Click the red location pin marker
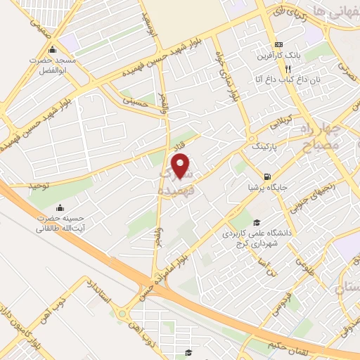click(x=182, y=166)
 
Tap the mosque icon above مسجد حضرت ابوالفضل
click(x=52, y=51)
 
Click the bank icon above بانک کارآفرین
click(x=279, y=43)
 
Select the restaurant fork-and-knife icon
click(x=288, y=69)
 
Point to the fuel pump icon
click(x=266, y=176)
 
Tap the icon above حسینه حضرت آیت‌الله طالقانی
click(x=59, y=207)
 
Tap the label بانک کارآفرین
click(x=279, y=55)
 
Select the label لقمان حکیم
click(x=279, y=344)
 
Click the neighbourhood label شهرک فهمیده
click(x=176, y=181)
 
